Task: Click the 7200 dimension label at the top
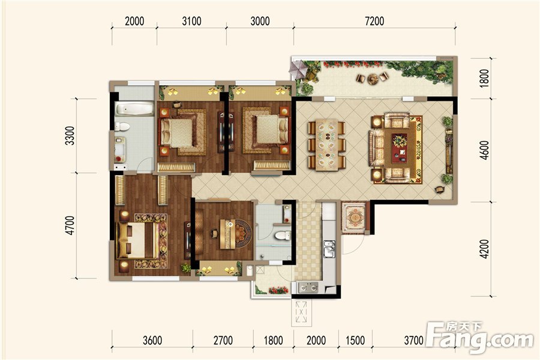[x=374, y=21]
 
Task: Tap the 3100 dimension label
[x=191, y=21]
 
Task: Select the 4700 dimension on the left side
[x=70, y=226]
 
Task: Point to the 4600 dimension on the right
[x=484, y=150]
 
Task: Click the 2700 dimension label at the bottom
[x=223, y=340]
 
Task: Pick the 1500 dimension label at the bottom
[x=355, y=340]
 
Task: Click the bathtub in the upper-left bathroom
[x=134, y=109]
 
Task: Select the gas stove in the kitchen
[x=308, y=287]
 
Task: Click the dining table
[x=326, y=145]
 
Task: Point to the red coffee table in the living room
[x=400, y=148]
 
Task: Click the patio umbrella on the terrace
[x=298, y=69]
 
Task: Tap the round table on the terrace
[x=373, y=79]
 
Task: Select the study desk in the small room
[x=227, y=233]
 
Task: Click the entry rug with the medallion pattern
[x=353, y=218]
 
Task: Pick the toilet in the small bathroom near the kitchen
[x=283, y=236]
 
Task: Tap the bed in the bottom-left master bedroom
[x=137, y=241]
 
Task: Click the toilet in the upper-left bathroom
[x=122, y=127]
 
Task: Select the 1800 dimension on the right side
[x=484, y=78]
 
